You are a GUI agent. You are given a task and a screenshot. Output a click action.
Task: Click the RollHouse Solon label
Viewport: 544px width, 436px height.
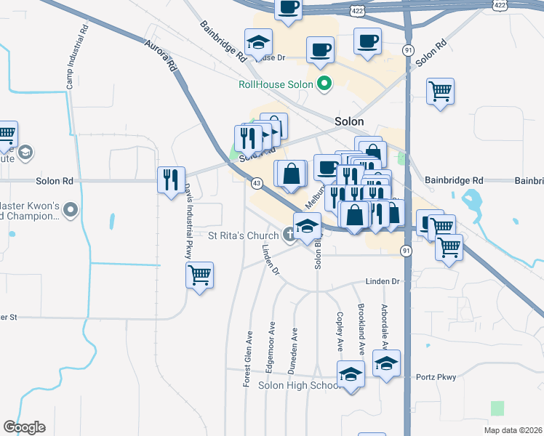[276, 84]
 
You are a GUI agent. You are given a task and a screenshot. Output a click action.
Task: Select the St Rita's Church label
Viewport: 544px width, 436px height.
[243, 235]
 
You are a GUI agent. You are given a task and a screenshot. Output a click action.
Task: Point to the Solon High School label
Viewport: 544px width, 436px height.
[300, 384]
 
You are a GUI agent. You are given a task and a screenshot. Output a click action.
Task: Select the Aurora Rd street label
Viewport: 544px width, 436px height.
[161, 55]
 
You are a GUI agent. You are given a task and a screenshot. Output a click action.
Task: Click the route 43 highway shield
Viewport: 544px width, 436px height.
[257, 183]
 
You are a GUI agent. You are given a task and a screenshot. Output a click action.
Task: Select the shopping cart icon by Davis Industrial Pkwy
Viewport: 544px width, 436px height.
[199, 275]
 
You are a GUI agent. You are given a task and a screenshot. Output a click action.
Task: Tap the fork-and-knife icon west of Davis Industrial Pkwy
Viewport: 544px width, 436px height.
[171, 178]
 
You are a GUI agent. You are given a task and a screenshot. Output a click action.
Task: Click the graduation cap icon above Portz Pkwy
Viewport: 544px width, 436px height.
[386, 363]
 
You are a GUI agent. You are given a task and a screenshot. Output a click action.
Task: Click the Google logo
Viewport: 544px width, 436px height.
[25, 427]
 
